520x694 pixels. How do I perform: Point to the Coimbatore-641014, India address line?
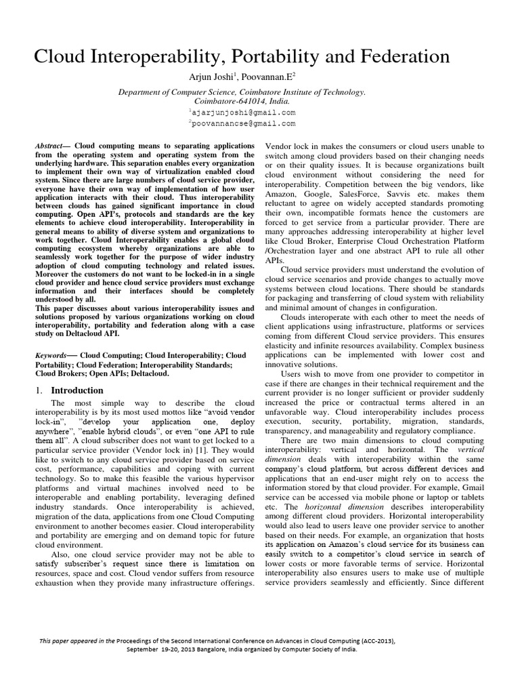(x=242, y=100)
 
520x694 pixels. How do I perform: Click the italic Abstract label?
(x=51, y=146)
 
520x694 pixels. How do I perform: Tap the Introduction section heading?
(x=77, y=390)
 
